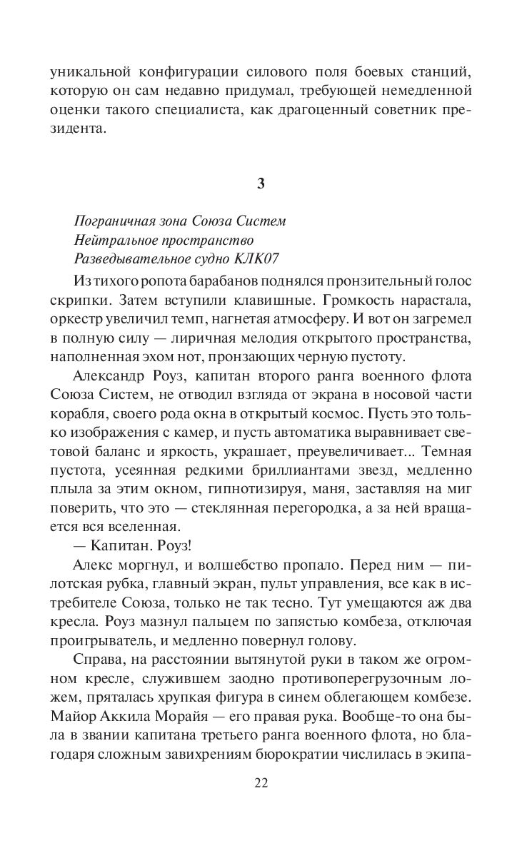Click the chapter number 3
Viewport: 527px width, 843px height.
coord(261,183)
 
